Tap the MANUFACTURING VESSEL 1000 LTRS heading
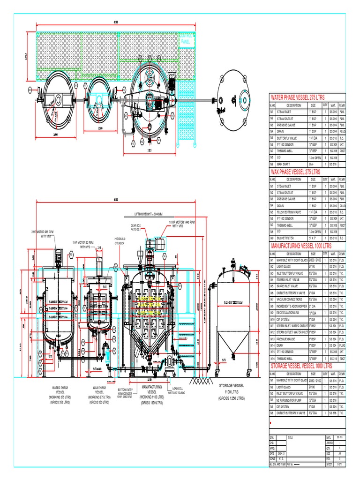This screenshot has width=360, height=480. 301,245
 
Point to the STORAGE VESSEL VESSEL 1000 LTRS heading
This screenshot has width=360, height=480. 302,365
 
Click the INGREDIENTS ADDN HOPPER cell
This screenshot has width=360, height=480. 293,306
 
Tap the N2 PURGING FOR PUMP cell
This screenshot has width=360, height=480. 291,400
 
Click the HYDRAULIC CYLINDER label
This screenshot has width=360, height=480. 120,241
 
